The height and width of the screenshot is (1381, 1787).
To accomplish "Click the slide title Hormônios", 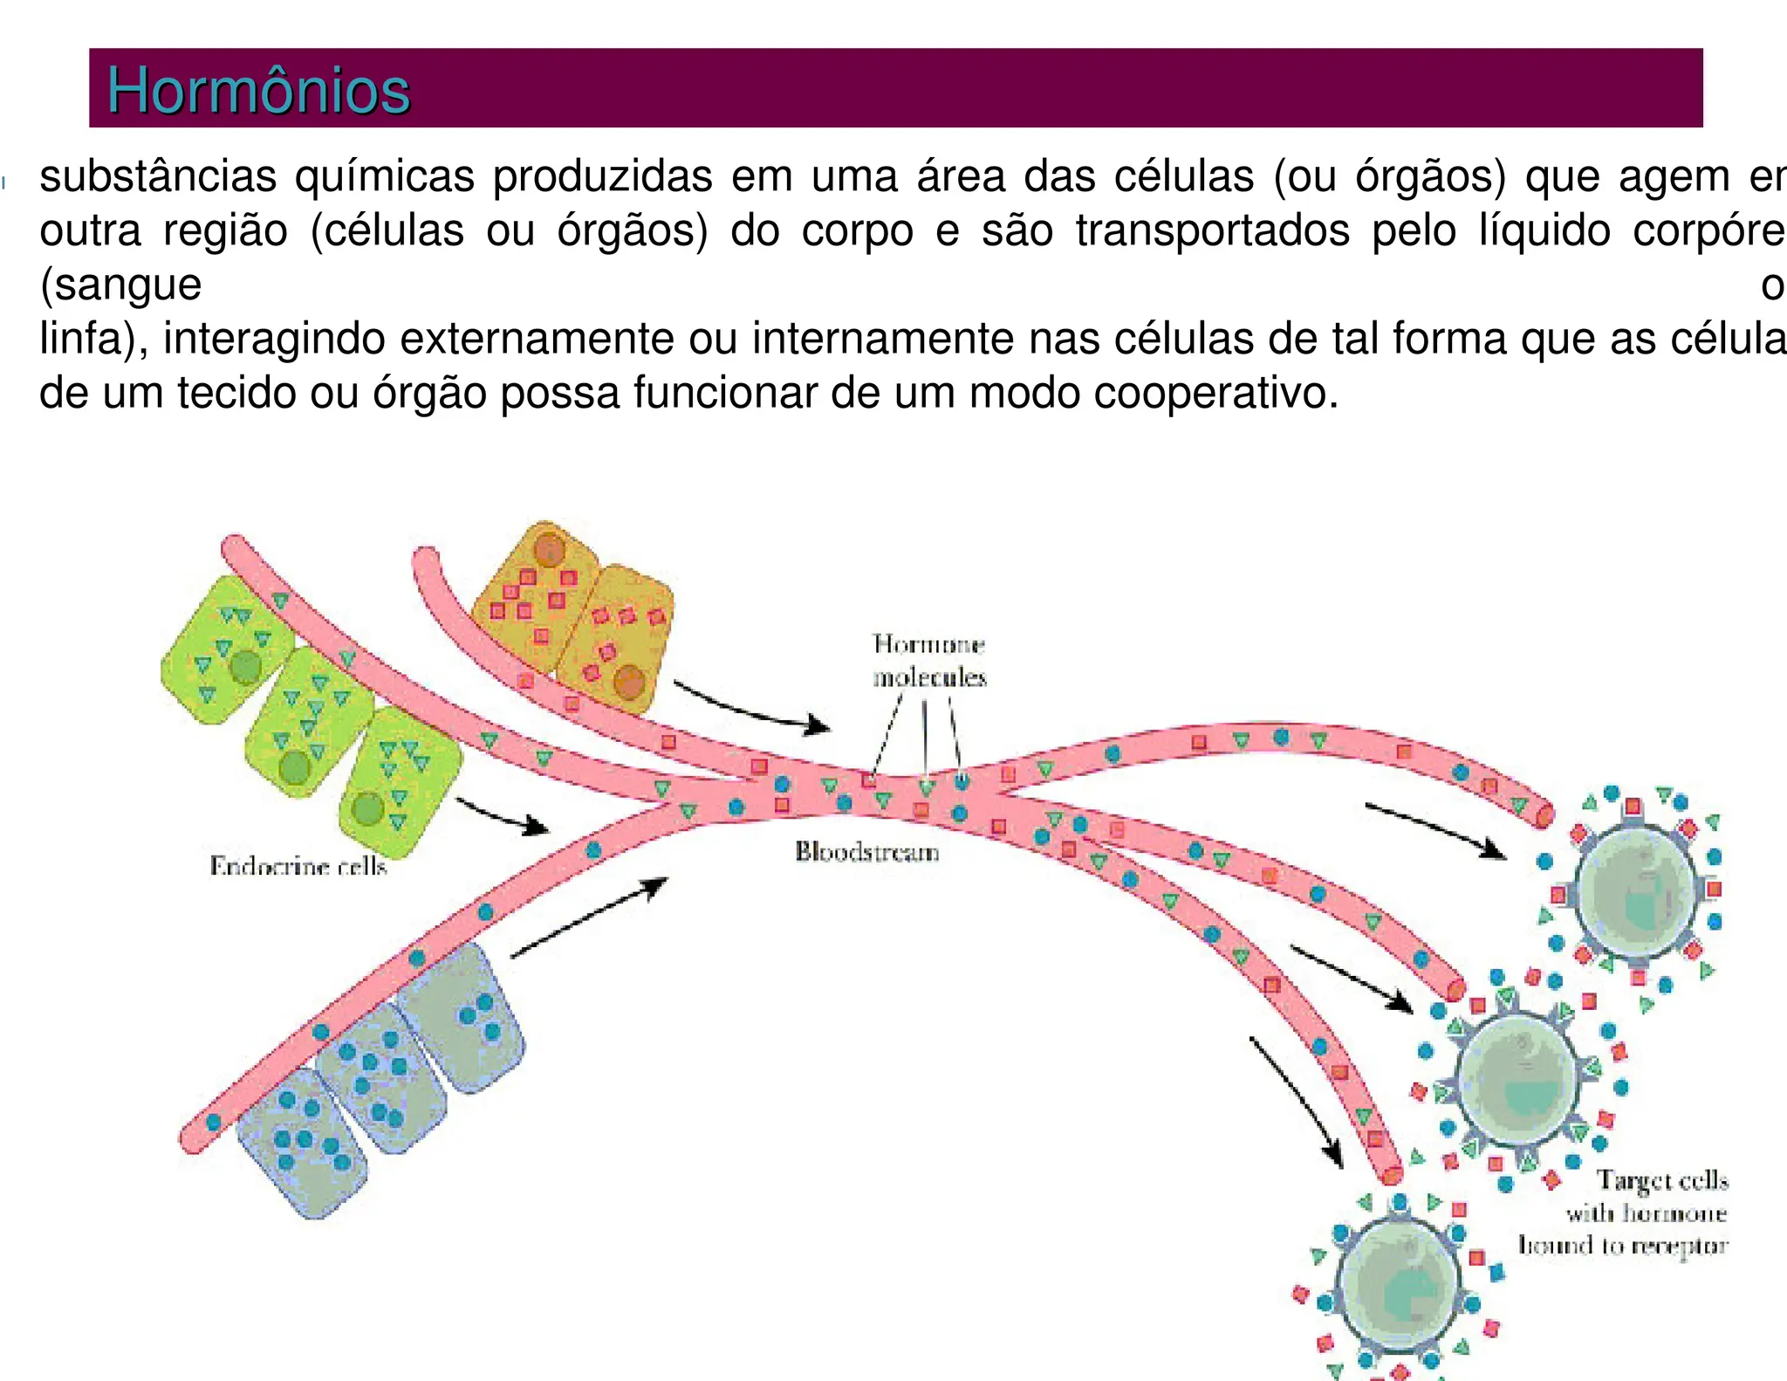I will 258,91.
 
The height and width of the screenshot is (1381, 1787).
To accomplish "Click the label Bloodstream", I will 866,851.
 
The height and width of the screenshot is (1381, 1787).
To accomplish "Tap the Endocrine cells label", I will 298,866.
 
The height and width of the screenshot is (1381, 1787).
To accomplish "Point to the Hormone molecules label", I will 929,661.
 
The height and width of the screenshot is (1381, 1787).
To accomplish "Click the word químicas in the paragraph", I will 384,176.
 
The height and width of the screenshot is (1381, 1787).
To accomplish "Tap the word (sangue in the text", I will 120,285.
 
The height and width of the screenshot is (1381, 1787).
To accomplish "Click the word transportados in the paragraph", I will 1212,230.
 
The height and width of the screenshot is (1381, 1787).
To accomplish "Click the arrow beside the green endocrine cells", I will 503,814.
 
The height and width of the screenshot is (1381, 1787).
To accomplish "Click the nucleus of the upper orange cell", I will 550,550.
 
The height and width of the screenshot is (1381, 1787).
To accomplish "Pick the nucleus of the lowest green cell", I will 367,808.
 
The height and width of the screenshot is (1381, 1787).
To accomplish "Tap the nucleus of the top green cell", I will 245,667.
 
